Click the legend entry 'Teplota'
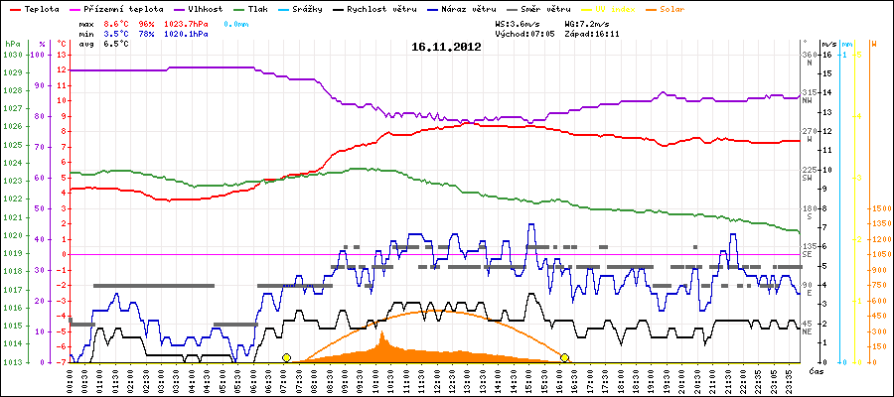tap(35, 8)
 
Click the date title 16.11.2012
tap(446, 47)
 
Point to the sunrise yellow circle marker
tap(286, 357)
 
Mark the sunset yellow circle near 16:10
tap(564, 357)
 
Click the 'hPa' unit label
tap(12, 45)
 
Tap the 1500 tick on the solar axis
tap(880, 209)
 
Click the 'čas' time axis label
tap(816, 370)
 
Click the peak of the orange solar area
tap(383, 333)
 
